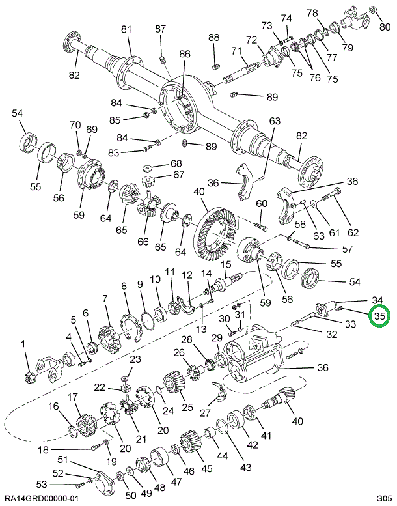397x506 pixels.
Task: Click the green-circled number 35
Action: (x=380, y=317)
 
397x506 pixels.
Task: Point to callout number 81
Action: (x=126, y=29)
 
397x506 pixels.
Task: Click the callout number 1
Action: (x=23, y=344)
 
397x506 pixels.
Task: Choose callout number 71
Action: (x=236, y=51)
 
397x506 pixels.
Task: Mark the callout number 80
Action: (x=385, y=27)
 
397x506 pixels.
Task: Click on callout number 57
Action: (x=348, y=249)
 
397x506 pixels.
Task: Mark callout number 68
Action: (x=159, y=163)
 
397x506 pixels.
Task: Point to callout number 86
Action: (x=185, y=54)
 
